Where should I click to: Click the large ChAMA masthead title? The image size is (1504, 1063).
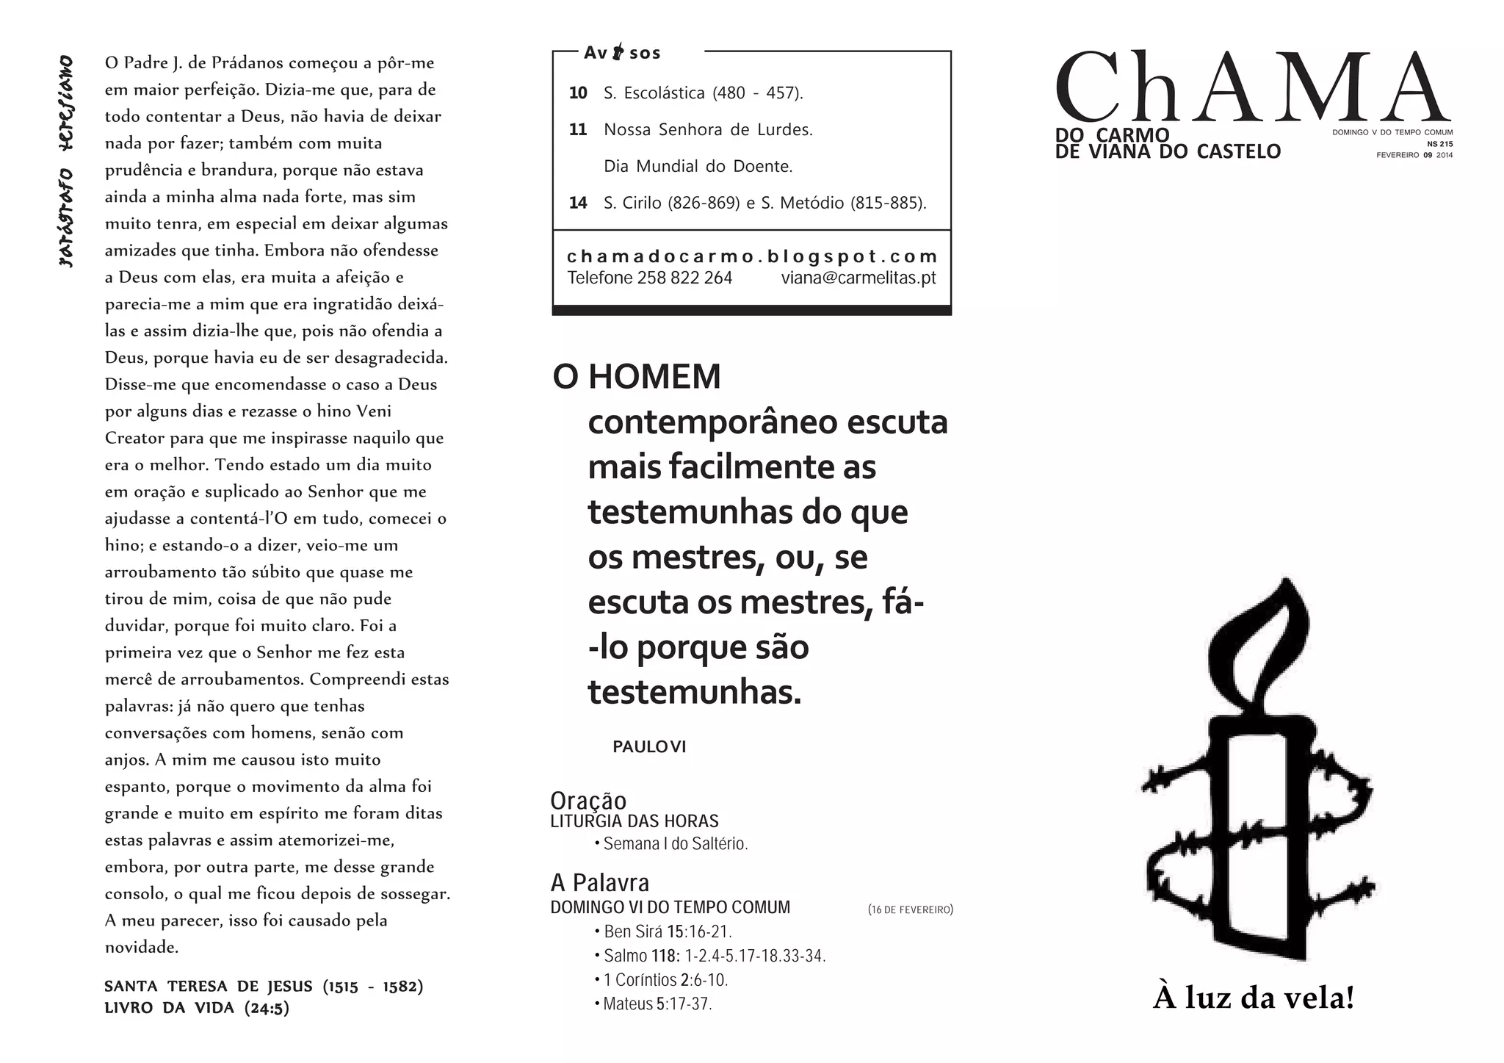(1252, 87)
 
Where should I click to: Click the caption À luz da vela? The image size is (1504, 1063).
(1253, 998)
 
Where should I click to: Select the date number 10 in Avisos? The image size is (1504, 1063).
(578, 93)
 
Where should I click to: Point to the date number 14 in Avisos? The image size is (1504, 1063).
(578, 203)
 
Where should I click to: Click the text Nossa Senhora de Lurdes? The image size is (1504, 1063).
(708, 130)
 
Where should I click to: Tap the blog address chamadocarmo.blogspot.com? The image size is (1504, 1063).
(752, 256)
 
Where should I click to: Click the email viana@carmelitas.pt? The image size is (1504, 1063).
(858, 278)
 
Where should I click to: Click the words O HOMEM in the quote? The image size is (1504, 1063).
(637, 377)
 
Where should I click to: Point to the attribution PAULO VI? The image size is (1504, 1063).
(649, 747)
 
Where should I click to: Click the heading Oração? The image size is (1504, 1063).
(588, 800)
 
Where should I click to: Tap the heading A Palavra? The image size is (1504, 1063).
(599, 882)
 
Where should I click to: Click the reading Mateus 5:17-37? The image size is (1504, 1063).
(657, 1003)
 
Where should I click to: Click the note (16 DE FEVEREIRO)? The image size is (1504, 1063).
(910, 909)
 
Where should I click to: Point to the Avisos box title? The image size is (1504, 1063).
(622, 53)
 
